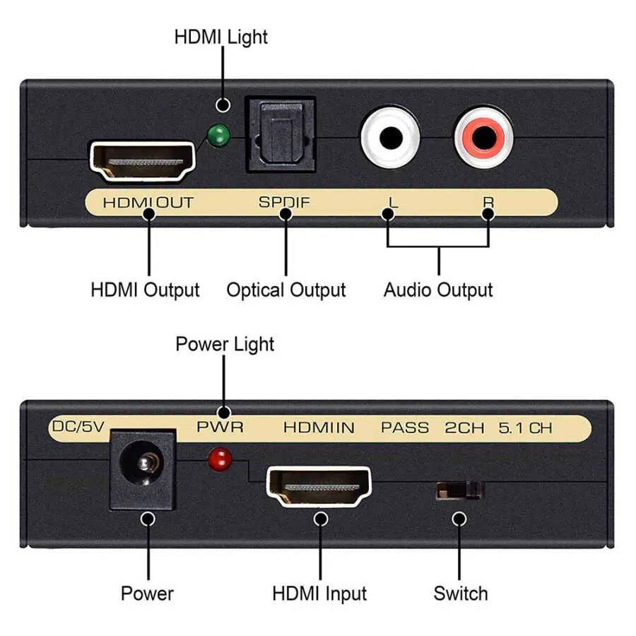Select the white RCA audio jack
(390, 136)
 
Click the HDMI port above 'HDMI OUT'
(143, 162)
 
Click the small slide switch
(459, 490)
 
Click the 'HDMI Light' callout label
(221, 37)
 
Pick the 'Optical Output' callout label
(286, 290)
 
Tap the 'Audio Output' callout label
(438, 290)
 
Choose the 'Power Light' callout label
(225, 344)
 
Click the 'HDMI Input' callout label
(319, 593)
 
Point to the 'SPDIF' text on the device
(284, 202)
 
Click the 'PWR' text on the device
(220, 427)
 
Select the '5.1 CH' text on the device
(525, 427)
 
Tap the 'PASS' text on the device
(405, 427)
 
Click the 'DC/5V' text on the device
(78, 426)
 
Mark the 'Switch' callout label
(461, 593)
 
